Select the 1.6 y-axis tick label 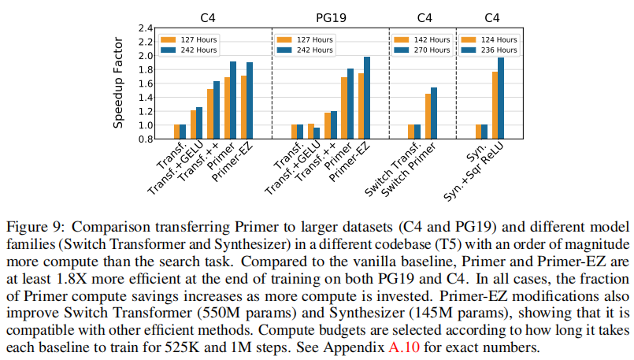coord(144,84)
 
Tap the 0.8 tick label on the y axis coord(144,139)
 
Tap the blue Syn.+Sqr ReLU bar coord(501,98)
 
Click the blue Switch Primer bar coord(433,113)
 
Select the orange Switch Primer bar coord(427,117)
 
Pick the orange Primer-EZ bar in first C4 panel coord(244,107)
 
